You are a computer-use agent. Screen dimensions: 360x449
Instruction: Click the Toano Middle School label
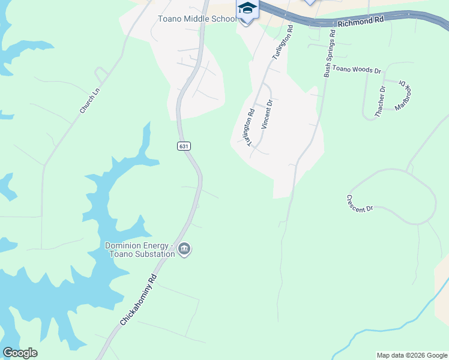click(x=197, y=19)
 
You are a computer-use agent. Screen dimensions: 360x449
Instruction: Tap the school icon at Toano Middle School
click(x=247, y=11)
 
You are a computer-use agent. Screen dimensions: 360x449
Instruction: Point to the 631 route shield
click(x=184, y=146)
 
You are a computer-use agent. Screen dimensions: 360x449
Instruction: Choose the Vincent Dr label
click(x=268, y=115)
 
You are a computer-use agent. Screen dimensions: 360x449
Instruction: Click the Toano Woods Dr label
click(x=357, y=70)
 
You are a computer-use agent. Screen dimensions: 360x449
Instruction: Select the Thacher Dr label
click(x=380, y=101)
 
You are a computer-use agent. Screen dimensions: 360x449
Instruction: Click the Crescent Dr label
click(x=360, y=203)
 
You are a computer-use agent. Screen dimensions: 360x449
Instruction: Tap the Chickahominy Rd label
click(x=138, y=300)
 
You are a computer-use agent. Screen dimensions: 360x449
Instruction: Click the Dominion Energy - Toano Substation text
click(x=140, y=249)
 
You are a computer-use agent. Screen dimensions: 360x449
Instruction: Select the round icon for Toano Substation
click(x=184, y=249)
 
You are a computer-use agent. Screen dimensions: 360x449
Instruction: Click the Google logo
click(x=20, y=353)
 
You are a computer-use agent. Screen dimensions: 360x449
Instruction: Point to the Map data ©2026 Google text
click(x=411, y=355)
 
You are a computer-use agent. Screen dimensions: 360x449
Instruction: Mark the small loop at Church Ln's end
click(x=101, y=74)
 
